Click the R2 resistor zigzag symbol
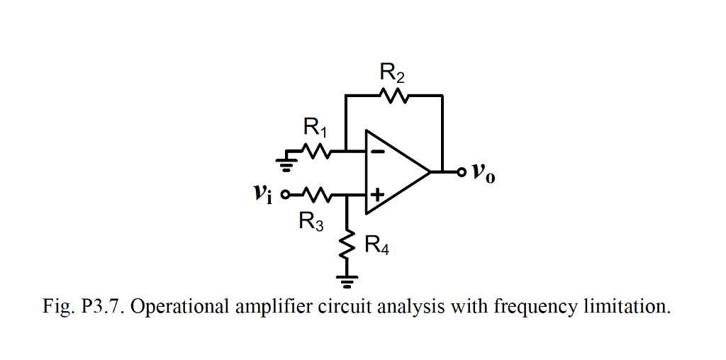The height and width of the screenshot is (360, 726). click(393, 95)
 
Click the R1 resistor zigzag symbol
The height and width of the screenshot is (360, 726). click(315, 150)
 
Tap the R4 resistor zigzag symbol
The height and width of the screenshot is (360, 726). click(347, 246)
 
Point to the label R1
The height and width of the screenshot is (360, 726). click(315, 128)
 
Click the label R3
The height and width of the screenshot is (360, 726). click(311, 222)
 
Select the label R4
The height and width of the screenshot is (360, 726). click(376, 246)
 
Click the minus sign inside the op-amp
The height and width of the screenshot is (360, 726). click(378, 150)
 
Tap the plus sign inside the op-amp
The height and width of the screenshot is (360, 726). click(378, 193)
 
